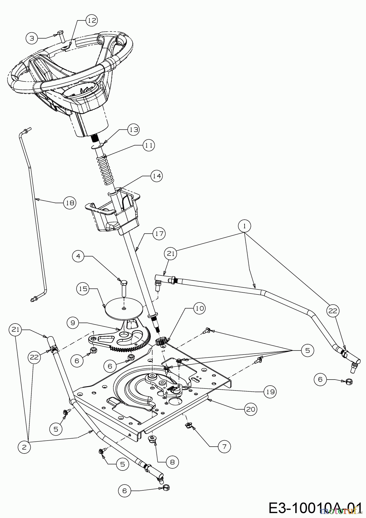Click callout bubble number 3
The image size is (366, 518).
click(32, 38)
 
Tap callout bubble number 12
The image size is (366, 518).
click(91, 20)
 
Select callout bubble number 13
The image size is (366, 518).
click(133, 130)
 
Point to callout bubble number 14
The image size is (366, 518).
click(157, 176)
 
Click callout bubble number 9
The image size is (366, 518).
click(73, 323)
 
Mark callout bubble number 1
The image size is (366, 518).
click(245, 226)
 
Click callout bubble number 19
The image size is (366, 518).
click(270, 391)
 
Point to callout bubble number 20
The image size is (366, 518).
click(251, 409)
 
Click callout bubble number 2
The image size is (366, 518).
click(24, 447)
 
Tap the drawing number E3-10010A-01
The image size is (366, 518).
click(315, 507)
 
